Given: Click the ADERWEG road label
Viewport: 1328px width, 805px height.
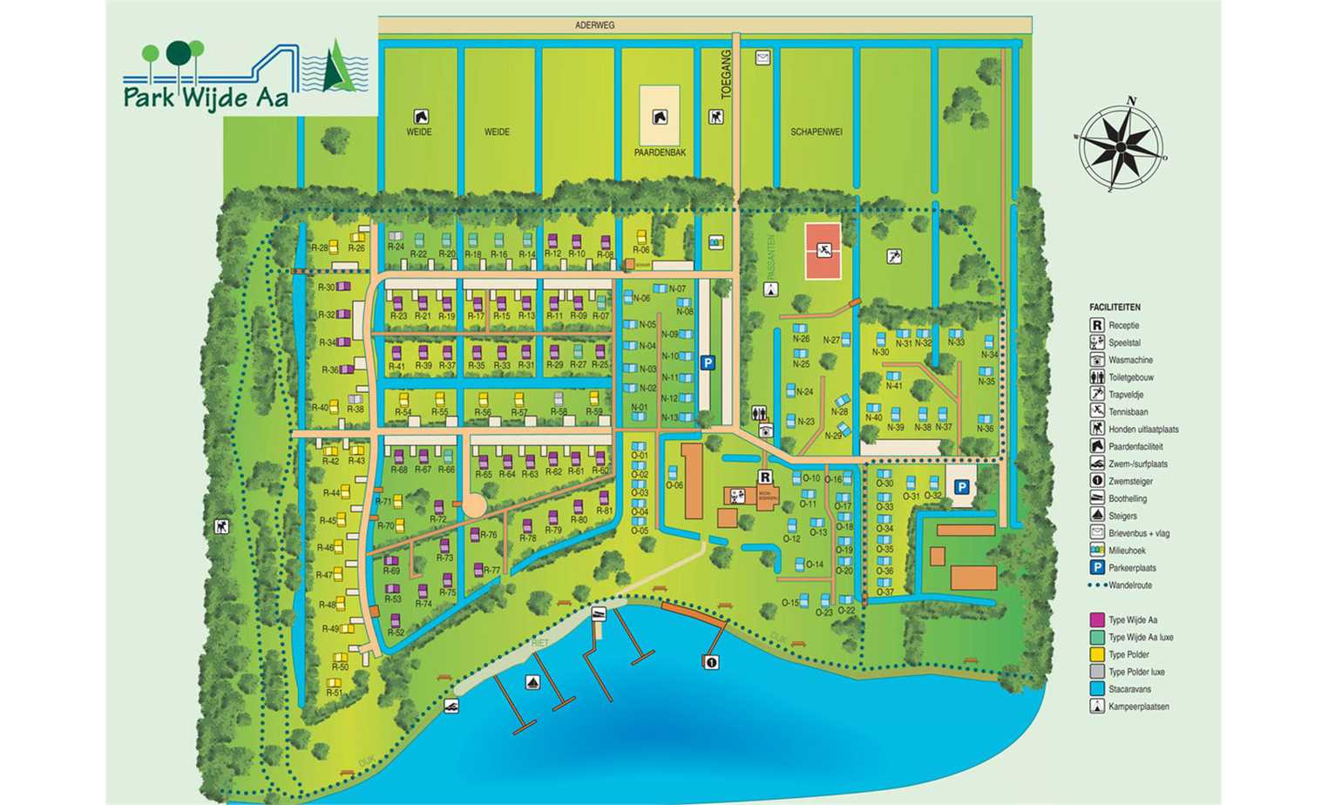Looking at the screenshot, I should tap(594, 25).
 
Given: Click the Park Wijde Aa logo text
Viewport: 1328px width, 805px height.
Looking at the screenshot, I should tap(206, 96).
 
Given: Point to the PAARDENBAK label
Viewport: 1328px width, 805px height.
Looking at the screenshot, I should tap(660, 152).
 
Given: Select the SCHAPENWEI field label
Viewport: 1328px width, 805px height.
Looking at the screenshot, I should tap(816, 132).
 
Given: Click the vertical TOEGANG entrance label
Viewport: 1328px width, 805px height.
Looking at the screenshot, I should tap(726, 75).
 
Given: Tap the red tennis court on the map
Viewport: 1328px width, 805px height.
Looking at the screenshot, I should tap(823, 251).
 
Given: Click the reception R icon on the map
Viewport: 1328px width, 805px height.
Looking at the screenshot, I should tap(764, 477).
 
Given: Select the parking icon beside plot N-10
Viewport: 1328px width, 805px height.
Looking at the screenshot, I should tap(708, 362).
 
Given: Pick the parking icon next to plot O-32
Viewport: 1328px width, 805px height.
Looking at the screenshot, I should tap(962, 488).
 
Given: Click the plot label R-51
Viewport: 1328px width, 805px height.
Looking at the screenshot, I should tap(334, 693).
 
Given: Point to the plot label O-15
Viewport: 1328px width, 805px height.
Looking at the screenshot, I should tap(789, 603).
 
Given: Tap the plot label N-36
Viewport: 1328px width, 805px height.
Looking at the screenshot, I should tap(985, 429).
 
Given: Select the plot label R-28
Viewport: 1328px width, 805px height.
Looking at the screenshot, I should tap(319, 248).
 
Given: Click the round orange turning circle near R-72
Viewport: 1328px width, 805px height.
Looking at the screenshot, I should tap(473, 505).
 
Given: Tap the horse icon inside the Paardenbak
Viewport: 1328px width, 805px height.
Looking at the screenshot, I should tap(660, 117).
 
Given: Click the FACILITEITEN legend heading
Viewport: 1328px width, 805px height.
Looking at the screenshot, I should tap(1115, 308).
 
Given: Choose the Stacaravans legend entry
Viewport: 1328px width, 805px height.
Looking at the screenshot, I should tap(1129, 689).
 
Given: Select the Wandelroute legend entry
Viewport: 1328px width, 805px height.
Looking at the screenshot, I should tap(1129, 585).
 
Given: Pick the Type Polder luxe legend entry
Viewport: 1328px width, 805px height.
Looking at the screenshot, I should tap(1135, 672).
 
